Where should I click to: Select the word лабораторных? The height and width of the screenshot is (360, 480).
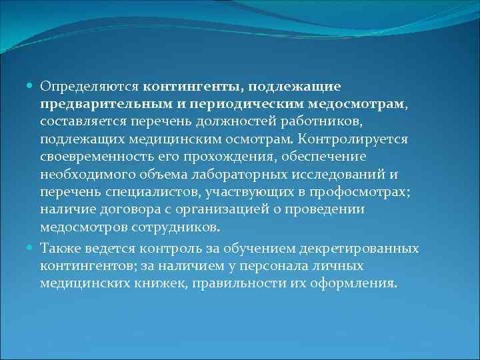[239, 175]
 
